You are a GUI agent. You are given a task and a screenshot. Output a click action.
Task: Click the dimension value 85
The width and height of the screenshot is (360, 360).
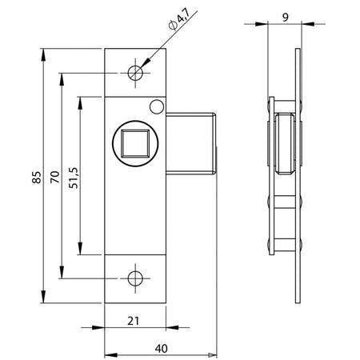[x=37, y=177]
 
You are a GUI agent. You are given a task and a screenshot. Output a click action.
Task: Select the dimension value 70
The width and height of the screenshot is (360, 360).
[x=55, y=177]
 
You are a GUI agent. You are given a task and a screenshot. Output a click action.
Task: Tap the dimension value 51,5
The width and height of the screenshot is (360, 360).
[x=74, y=178]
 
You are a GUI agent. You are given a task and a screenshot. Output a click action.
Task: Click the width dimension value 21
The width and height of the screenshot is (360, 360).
[x=133, y=321]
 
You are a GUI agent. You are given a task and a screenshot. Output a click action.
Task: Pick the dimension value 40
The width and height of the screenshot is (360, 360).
[x=162, y=349]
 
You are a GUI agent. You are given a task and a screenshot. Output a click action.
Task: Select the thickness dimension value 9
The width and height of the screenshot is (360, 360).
[x=286, y=18]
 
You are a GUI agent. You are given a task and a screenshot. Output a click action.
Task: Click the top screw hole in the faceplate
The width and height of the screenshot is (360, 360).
[x=135, y=73]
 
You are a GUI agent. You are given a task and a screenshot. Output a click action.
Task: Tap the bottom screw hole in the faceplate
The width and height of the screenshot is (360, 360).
[x=135, y=278]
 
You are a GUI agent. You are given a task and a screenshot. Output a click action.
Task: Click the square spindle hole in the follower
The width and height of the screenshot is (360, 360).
[x=135, y=144]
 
